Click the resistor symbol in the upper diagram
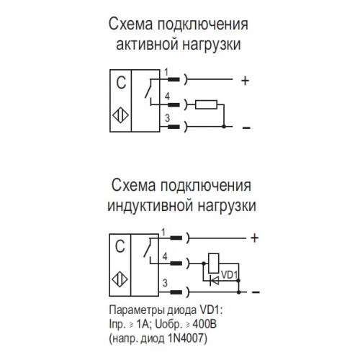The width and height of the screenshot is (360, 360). tap(206, 104)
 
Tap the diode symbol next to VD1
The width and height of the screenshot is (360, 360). tap(215, 280)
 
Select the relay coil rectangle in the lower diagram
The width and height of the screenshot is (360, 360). tap(213, 264)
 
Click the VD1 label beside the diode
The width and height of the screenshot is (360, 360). tap(229, 275)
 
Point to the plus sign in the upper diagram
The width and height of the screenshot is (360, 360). tap(245, 81)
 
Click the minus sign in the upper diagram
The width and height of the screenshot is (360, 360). tap(246, 127)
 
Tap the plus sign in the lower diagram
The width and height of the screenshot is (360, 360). tap(254, 238)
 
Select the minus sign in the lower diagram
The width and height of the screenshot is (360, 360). tap(256, 292)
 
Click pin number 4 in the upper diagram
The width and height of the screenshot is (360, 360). tap(167, 96)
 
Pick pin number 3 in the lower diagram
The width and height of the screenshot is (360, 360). tap(165, 283)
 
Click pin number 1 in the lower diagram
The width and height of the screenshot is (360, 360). tap(163, 233)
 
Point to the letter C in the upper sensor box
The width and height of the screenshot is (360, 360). tap(121, 83)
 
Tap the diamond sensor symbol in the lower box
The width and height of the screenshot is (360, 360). tap(120, 280)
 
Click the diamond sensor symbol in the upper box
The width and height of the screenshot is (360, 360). tap(120, 115)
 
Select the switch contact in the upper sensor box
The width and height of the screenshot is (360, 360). tap(148, 89)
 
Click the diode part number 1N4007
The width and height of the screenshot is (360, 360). tap(187, 338)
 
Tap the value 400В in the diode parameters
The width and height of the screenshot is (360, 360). tap(204, 324)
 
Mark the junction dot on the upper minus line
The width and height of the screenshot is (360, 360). tap(224, 126)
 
